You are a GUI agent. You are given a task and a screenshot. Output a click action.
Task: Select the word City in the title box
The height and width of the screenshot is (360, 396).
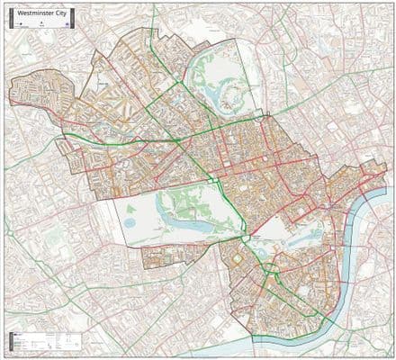58,13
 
